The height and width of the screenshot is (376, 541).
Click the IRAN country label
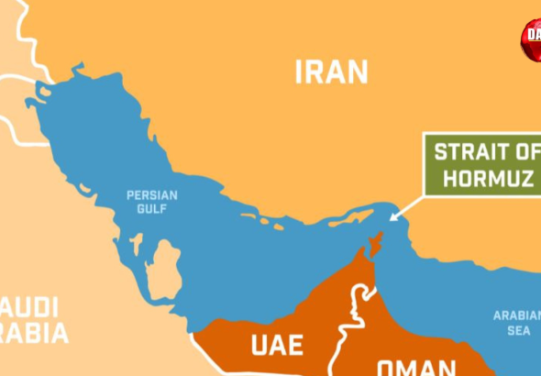[x=331, y=72]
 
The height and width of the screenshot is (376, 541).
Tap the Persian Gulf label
[x=152, y=202]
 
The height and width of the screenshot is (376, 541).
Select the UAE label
[x=277, y=346]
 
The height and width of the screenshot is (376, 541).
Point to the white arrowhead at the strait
[x=393, y=218]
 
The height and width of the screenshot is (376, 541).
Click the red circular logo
[x=532, y=39]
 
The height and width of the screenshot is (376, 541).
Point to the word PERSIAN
[x=152, y=195]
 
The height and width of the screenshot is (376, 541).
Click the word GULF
[x=152, y=209]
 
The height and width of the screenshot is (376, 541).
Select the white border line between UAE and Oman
[x=354, y=312]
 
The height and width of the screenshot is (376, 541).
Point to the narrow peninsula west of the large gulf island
[x=135, y=246]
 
